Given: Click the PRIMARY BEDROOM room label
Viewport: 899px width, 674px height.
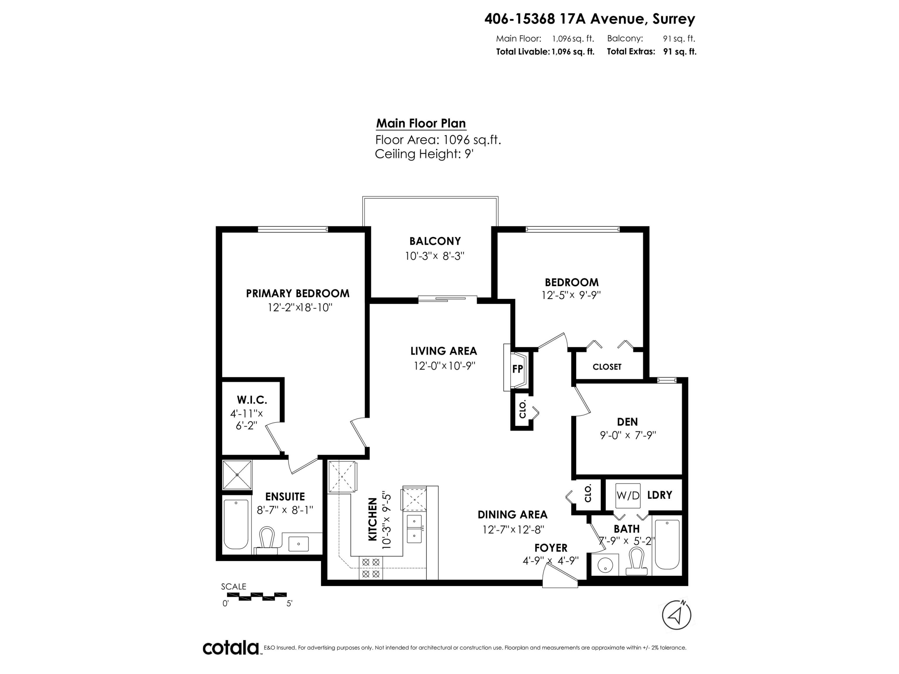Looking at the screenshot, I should click(x=298, y=293).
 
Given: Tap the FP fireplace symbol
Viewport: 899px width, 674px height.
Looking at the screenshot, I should click(x=517, y=369).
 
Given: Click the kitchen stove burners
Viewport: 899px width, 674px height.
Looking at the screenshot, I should click(x=371, y=568).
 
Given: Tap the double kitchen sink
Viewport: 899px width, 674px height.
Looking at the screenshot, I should click(x=414, y=528).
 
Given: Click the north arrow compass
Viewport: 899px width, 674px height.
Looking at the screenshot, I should click(x=676, y=615).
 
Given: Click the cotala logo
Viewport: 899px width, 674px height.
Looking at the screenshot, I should click(x=231, y=648).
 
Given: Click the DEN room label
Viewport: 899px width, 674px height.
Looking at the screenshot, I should click(x=627, y=422).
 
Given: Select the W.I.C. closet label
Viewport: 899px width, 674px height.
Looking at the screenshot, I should click(x=252, y=400).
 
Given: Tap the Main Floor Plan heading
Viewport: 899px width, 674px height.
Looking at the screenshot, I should click(x=421, y=123).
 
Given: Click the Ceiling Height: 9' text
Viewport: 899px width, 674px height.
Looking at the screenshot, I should click(x=424, y=154).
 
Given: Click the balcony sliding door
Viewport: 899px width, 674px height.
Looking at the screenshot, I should click(x=447, y=300).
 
